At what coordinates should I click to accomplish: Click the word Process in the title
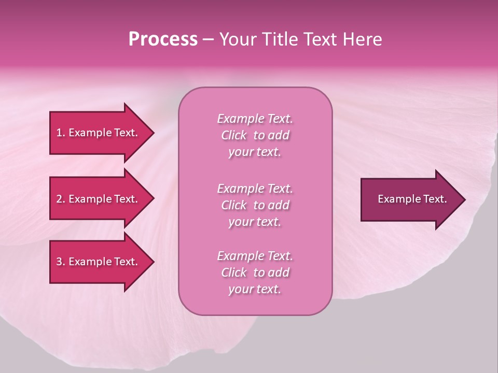(x=163, y=39)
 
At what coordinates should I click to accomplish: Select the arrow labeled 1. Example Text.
(x=96, y=133)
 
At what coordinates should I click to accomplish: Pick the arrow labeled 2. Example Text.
(x=96, y=199)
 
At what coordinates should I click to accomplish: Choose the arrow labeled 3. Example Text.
(x=96, y=262)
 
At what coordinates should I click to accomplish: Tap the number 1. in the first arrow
(x=61, y=133)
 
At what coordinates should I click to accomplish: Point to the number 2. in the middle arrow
(x=61, y=199)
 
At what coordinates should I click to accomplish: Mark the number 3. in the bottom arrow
(x=61, y=262)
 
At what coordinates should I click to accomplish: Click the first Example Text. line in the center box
(x=255, y=119)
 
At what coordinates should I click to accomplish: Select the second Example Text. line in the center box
(x=255, y=188)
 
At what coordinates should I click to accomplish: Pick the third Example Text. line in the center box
(x=255, y=256)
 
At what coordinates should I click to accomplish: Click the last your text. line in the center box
(x=255, y=290)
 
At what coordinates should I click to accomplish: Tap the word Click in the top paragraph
(x=234, y=135)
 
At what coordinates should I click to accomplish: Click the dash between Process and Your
(x=208, y=39)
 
